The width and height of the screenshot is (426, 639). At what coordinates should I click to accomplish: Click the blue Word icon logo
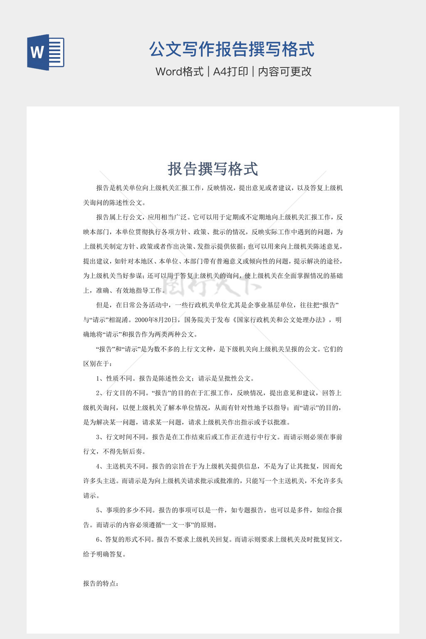pos(46,52)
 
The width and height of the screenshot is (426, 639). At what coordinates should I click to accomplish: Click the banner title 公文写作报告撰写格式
pos(232,49)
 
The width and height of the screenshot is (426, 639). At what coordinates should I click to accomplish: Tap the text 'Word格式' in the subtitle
pos(179,72)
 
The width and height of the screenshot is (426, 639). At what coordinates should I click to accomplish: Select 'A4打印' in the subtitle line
pos(230,72)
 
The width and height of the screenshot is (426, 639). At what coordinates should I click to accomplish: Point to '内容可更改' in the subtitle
pos(285,72)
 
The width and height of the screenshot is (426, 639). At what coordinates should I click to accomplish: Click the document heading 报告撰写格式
pos(213,169)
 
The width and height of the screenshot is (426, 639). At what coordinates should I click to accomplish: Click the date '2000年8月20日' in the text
pos(157,320)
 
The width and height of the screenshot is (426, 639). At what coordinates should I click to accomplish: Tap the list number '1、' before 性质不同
pos(100,379)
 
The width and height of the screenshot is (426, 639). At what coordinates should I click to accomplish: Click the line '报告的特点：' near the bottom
pos(101,584)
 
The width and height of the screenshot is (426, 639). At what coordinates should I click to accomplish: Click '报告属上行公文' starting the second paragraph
pos(119,217)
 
